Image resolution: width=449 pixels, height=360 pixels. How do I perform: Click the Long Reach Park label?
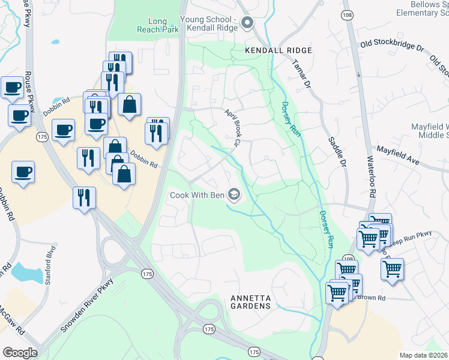pyautogui.click(x=157, y=26)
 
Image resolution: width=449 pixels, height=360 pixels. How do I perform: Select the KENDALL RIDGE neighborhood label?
pyautogui.click(x=279, y=51)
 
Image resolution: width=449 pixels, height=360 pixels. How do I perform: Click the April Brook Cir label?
pyautogui.click(x=232, y=128)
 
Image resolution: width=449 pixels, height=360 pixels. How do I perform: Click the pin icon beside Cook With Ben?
pyautogui.click(x=234, y=194)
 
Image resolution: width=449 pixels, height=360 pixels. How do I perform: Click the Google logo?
pyautogui.click(x=20, y=352)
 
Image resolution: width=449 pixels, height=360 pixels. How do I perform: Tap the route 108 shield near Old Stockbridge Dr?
pyautogui.click(x=347, y=14)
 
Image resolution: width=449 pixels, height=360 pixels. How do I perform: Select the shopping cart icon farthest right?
pyautogui.click(x=392, y=269)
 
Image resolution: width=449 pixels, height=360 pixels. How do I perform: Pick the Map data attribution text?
pyautogui.click(x=424, y=355)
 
